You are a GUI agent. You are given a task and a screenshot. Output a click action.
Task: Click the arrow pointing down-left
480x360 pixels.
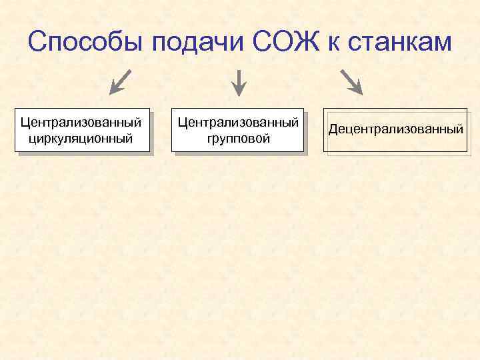[x=119, y=81]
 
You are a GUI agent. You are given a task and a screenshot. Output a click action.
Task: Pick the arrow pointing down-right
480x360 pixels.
[x=351, y=81]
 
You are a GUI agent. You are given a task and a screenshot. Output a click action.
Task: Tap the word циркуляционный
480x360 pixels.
[x=81, y=139]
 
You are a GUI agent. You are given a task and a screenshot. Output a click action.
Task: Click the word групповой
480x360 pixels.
[x=238, y=139]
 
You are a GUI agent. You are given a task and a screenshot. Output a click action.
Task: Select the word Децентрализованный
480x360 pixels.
[x=395, y=129]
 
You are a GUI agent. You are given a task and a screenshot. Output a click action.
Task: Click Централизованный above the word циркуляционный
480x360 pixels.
[x=81, y=123]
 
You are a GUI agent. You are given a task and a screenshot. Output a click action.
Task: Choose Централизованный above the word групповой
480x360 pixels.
[x=238, y=123]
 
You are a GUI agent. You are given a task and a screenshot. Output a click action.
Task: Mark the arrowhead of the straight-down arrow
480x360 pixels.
[x=239, y=91]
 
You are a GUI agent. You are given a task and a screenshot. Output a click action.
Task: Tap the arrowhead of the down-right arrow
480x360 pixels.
[x=357, y=89]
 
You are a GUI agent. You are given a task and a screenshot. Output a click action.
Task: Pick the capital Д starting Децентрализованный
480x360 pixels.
[x=333, y=129]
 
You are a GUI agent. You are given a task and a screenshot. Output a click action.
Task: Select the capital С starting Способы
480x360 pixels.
[x=37, y=43]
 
